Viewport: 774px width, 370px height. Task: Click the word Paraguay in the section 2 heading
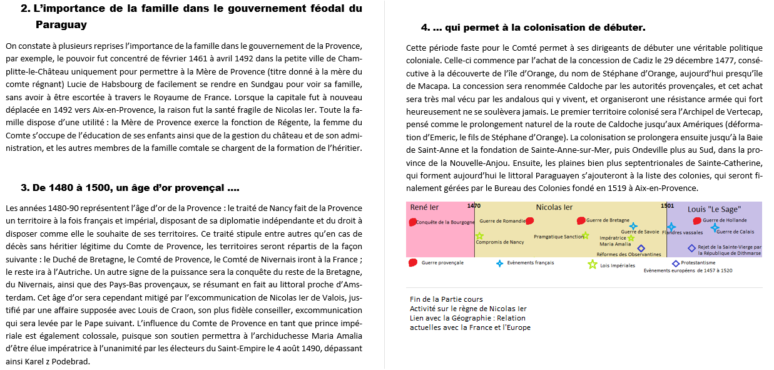(x=61, y=25)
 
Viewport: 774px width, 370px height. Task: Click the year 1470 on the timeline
(x=474, y=206)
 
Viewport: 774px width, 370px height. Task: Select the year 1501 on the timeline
(x=667, y=206)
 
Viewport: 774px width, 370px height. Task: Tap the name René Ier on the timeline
(x=424, y=207)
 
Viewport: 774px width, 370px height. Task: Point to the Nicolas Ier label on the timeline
(x=554, y=207)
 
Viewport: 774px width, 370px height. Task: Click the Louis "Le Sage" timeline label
(x=714, y=209)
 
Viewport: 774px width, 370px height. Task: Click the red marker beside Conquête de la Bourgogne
(x=412, y=222)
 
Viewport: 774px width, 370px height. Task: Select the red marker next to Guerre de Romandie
(x=530, y=221)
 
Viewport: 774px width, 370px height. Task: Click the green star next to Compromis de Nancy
(x=479, y=236)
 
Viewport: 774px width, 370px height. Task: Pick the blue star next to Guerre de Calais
(x=715, y=228)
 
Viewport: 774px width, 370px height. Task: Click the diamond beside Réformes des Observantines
(x=641, y=249)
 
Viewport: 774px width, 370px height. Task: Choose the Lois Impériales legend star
(x=592, y=264)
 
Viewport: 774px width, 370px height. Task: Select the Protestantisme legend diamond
(x=676, y=264)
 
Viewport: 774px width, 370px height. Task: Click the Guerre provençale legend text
(x=442, y=263)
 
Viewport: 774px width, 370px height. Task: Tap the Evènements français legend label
(x=530, y=263)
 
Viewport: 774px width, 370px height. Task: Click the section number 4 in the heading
(x=425, y=28)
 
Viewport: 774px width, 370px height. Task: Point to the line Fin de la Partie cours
(x=446, y=299)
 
